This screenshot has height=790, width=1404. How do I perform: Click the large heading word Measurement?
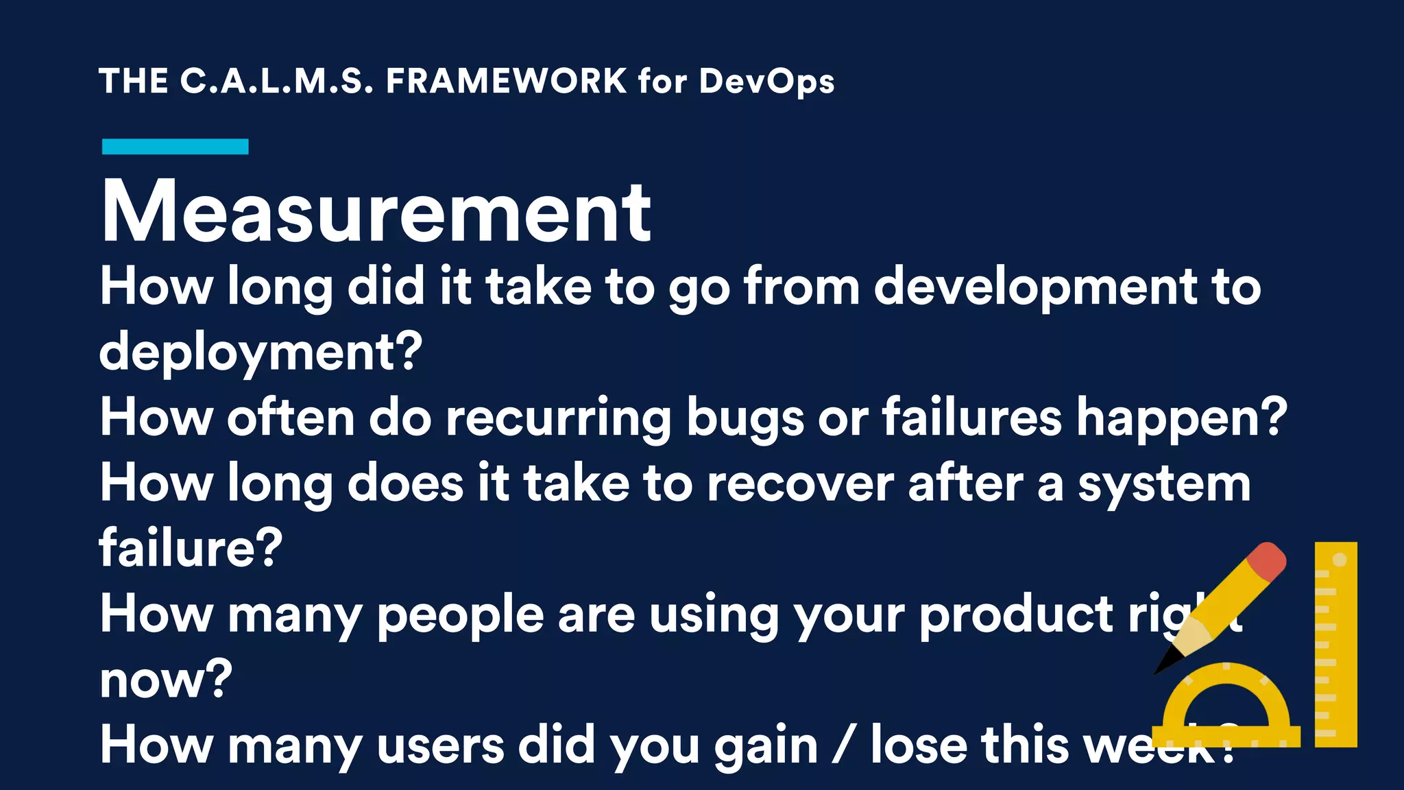[376, 211]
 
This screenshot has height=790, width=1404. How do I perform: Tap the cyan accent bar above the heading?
[175, 146]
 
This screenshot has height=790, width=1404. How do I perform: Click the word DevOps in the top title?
[766, 82]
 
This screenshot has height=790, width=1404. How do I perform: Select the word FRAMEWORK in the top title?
[506, 81]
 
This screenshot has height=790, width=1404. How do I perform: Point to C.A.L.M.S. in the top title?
[277, 81]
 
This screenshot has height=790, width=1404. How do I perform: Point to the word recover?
[799, 484]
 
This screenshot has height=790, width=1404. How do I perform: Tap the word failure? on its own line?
[191, 547]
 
